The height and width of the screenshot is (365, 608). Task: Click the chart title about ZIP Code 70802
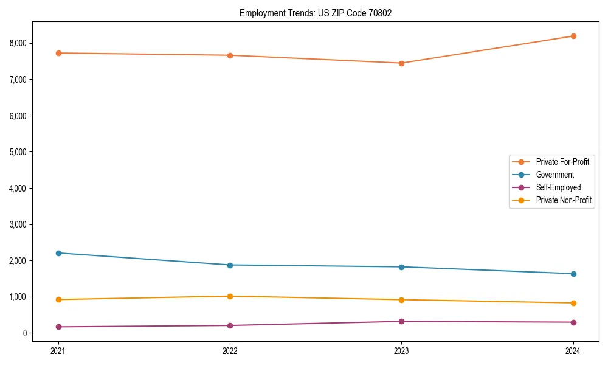(315, 13)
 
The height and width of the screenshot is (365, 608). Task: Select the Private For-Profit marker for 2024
(573, 36)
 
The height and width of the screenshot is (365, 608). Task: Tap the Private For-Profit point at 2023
(401, 63)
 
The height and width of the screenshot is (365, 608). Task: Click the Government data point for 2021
(58, 253)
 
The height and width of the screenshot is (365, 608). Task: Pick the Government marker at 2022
(230, 265)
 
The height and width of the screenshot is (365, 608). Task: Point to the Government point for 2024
(573, 274)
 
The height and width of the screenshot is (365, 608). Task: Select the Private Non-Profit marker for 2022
(230, 296)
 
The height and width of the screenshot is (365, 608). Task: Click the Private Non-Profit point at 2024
(573, 303)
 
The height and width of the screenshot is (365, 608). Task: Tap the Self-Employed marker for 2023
(401, 321)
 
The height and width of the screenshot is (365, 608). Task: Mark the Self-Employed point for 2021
(58, 327)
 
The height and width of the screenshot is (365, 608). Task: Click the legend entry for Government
(554, 175)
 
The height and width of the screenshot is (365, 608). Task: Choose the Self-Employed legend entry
(558, 187)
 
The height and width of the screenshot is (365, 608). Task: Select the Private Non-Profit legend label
(564, 200)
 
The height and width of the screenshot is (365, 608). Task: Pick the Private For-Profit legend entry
(562, 162)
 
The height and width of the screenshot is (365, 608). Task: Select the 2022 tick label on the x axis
(230, 350)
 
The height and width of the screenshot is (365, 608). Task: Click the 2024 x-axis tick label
(573, 350)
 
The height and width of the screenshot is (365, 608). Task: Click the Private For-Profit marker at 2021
(58, 53)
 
